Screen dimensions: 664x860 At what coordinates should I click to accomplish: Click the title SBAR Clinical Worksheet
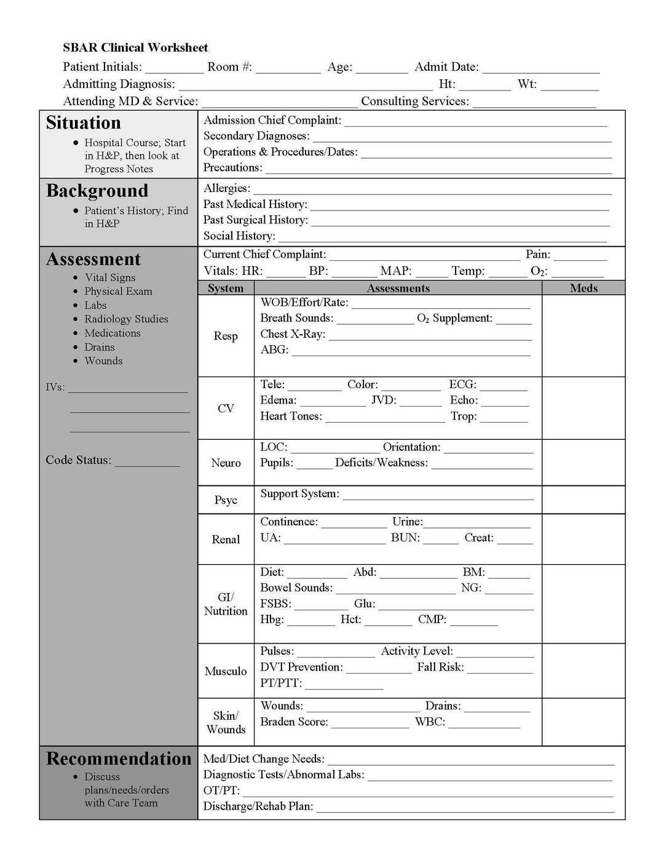135,47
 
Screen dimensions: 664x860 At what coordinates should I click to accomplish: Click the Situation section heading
83,123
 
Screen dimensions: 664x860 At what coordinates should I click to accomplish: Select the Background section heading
97,191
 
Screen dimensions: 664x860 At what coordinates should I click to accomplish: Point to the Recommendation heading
119,758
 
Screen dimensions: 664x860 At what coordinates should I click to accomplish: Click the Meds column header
583,288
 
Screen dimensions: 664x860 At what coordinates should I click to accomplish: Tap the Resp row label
226,336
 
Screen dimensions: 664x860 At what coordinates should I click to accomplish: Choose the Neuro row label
226,463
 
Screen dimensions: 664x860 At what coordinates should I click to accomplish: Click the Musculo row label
226,671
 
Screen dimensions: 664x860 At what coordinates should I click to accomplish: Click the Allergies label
226,188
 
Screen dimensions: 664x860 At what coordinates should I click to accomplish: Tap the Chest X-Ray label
293,334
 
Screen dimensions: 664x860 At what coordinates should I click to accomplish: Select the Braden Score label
294,722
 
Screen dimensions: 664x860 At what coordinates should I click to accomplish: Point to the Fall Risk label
440,667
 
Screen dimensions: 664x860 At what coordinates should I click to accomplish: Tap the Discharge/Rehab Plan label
258,806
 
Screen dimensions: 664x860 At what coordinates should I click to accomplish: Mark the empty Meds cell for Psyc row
583,500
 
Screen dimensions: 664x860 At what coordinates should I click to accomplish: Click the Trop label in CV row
464,416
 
